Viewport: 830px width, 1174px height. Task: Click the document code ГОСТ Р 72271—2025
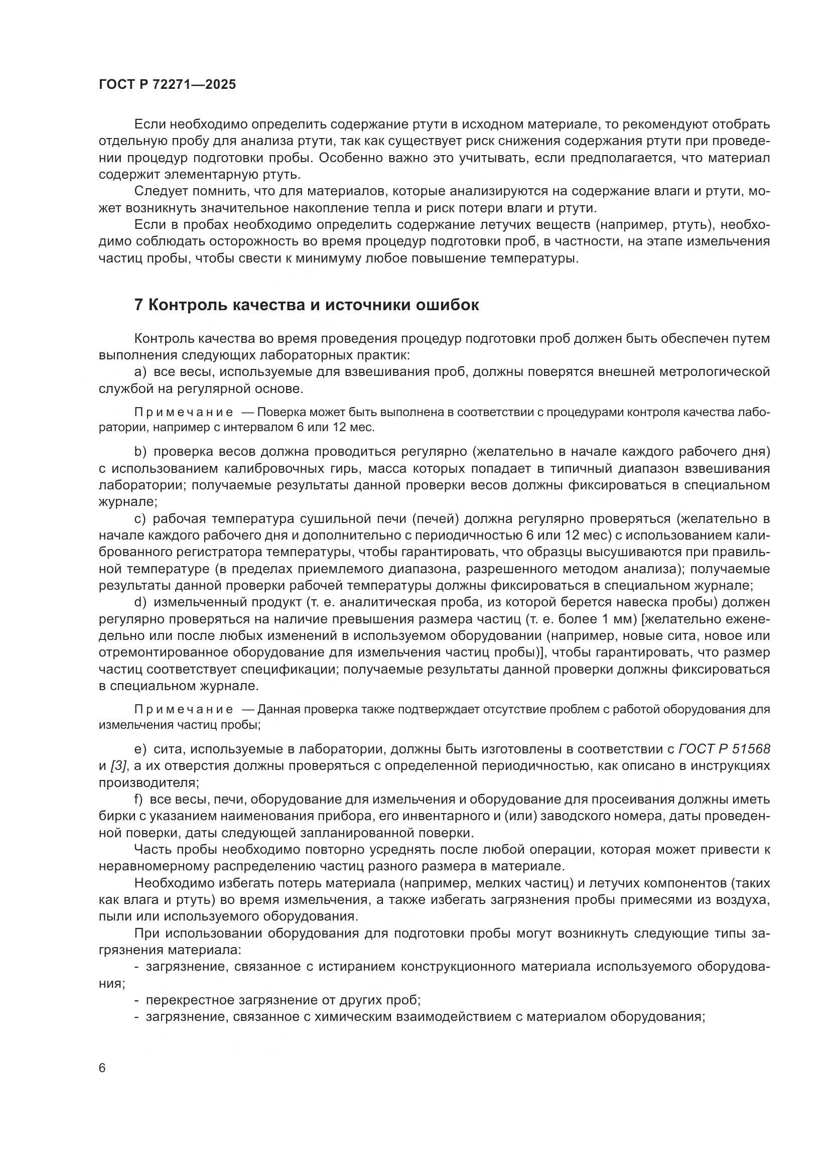click(x=167, y=85)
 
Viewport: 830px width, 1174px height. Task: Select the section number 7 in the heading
click(x=138, y=305)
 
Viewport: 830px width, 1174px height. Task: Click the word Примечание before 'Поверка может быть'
click(x=184, y=412)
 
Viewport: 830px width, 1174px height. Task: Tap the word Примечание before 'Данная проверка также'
click(x=184, y=709)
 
